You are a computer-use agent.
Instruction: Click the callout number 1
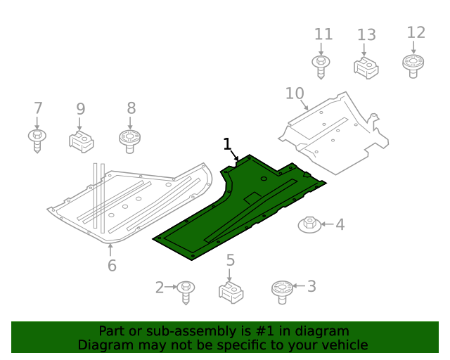coord(227,144)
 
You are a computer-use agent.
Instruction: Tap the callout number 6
coord(112,265)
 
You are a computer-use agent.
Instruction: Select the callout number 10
coord(295,94)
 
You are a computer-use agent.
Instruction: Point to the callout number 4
coord(340,224)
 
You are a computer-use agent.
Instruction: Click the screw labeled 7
coord(37,139)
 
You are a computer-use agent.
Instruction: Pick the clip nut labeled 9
coord(82,141)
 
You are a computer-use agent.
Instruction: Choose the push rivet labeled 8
coord(129,141)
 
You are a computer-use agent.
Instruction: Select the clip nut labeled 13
coord(366,68)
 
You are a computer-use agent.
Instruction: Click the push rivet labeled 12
coord(414,65)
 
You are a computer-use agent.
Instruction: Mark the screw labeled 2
coord(186,291)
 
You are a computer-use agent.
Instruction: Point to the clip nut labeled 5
coord(231,292)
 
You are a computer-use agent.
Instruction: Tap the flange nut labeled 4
coord(309,225)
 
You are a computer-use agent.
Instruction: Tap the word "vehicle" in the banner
coord(343,345)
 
